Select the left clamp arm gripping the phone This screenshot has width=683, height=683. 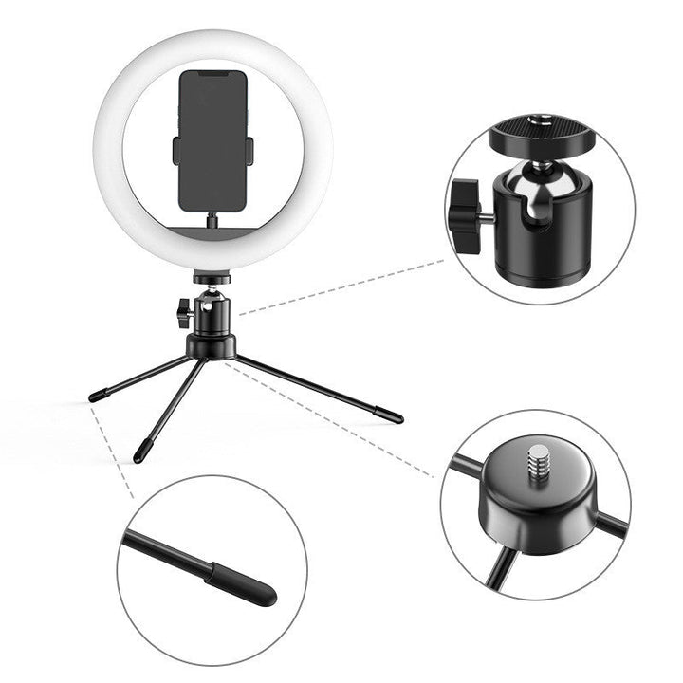tap(176, 149)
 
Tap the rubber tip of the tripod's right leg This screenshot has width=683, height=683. tap(390, 415)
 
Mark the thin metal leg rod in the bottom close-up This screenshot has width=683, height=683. tap(166, 556)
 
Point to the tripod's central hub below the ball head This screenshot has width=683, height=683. tap(211, 345)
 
